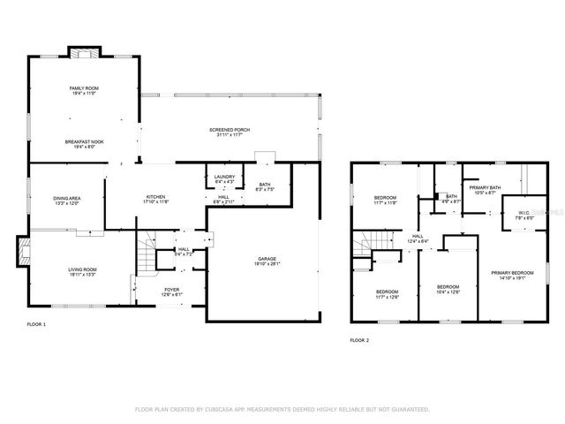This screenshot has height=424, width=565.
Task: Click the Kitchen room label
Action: pyautogui.click(x=156, y=200)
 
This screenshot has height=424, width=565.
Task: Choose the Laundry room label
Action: pyautogui.click(x=224, y=178)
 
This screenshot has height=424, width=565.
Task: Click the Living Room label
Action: pyautogui.click(x=83, y=271)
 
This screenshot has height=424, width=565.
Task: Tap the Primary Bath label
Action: pyautogui.click(x=485, y=189)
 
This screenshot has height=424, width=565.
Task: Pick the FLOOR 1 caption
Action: pyautogui.click(x=36, y=325)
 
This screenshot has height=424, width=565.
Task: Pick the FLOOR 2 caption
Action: pyautogui.click(x=359, y=339)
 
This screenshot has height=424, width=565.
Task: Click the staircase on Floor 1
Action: pyautogui.click(x=146, y=256)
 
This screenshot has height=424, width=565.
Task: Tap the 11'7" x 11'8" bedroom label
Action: pyautogui.click(x=386, y=200)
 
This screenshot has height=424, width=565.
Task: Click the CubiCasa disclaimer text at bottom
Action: pyautogui.click(x=282, y=410)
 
